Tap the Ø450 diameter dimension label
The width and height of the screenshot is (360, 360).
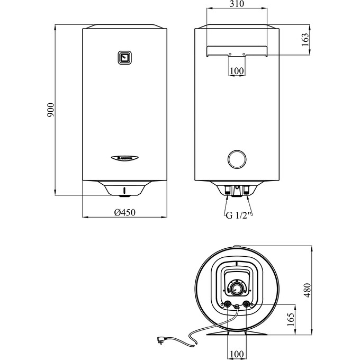(x=125, y=212)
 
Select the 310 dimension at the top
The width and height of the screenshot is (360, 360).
(x=237, y=4)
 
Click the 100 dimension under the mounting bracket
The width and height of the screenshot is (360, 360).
(x=237, y=70)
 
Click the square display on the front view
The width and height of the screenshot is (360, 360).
(x=125, y=57)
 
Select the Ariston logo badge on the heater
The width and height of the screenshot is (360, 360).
(x=125, y=158)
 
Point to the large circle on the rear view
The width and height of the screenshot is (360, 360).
(x=237, y=158)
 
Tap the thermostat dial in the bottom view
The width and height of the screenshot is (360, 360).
(x=237, y=289)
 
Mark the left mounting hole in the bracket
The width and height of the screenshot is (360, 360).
(x=230, y=54)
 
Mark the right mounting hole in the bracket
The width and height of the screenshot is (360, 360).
(x=244, y=54)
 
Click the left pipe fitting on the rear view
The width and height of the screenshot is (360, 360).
(x=228, y=193)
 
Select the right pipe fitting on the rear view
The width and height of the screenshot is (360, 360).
(x=247, y=193)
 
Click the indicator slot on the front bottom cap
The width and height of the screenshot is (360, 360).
(x=125, y=190)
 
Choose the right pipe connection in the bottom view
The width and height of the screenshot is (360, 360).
(x=246, y=304)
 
